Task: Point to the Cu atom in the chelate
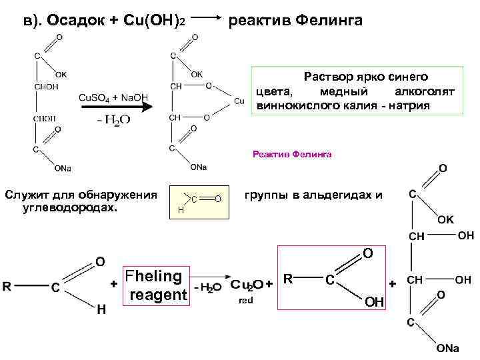pos(240,101)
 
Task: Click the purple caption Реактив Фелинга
pos(292,154)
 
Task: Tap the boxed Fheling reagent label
pos(157,285)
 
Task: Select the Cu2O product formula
pos(247,285)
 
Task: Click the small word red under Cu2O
pos(245,301)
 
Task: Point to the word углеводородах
pos(69,207)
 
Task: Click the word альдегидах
pos(337,195)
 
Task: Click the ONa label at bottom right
pos(447,349)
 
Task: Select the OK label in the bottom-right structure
pos(445,219)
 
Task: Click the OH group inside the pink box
pos(375,303)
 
